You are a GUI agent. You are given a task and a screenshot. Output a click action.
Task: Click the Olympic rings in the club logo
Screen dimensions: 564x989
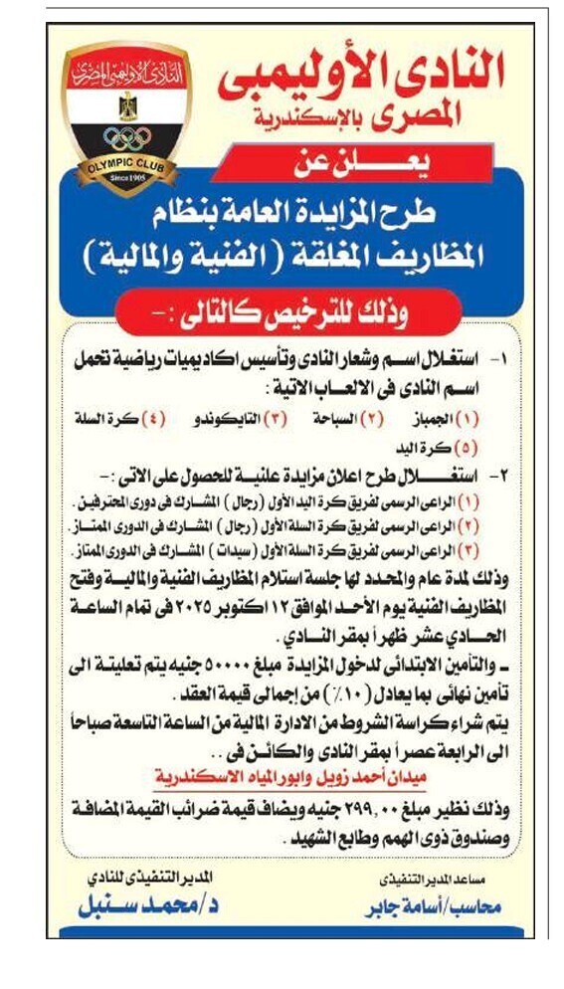coord(127,138)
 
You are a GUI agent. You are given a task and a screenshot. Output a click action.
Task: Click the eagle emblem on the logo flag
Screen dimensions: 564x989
coord(127,104)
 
